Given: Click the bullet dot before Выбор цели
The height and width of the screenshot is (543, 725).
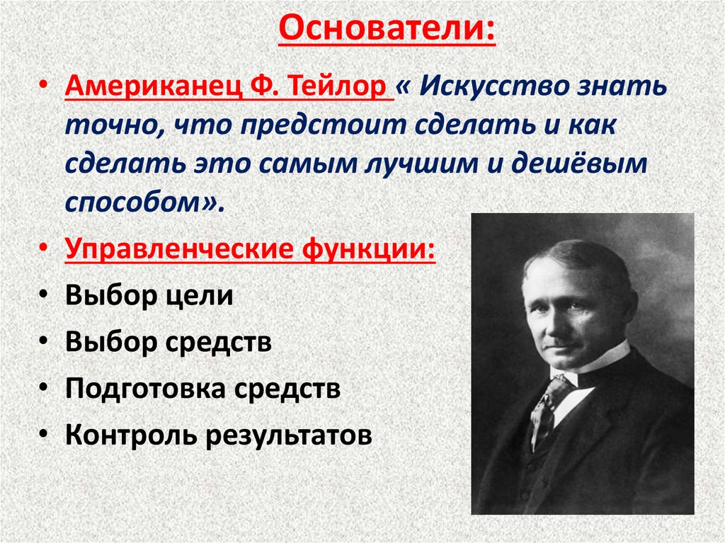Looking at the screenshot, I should point(45,295).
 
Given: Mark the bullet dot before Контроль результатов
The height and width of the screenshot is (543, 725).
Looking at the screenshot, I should point(45,434).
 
